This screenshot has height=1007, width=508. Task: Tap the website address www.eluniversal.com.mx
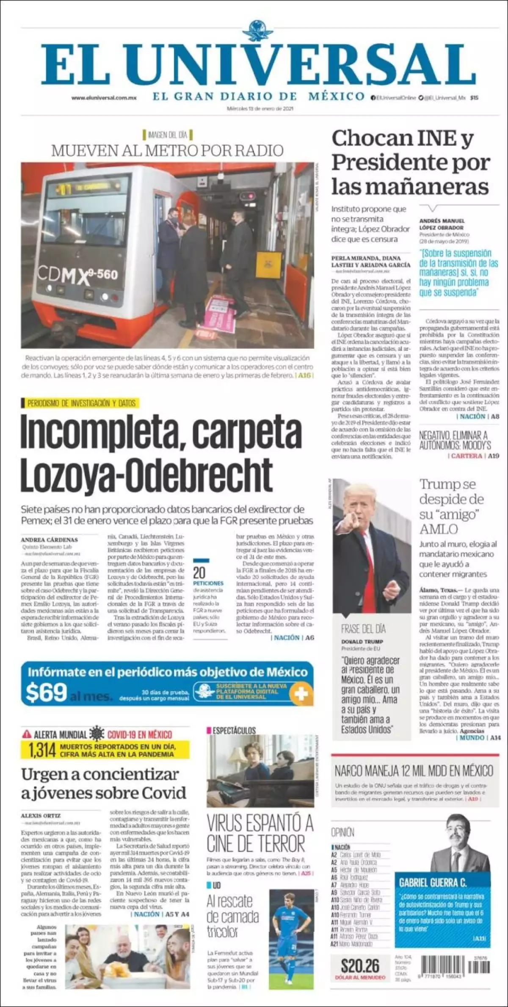point(104,97)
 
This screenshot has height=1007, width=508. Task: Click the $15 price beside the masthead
point(474,97)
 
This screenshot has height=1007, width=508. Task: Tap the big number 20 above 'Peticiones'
point(199,573)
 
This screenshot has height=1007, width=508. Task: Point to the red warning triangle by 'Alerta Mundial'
point(27,734)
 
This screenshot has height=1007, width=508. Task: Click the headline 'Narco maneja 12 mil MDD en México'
point(414,770)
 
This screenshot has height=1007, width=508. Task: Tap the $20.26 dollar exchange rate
point(360,966)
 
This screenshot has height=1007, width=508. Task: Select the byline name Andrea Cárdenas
point(49,540)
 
